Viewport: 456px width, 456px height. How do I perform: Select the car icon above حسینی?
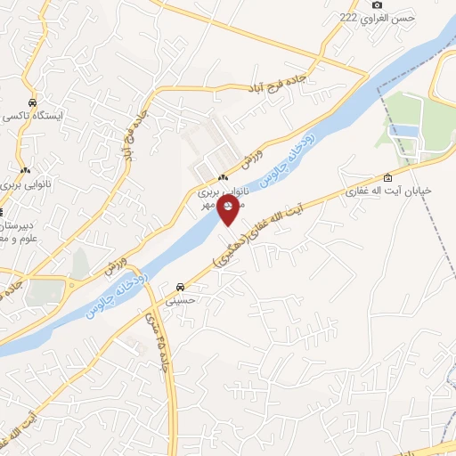[182, 287]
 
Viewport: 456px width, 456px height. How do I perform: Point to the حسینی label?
[182, 301]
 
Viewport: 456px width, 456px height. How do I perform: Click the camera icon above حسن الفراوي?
[378, 5]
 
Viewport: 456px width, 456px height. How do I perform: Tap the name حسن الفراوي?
[393, 18]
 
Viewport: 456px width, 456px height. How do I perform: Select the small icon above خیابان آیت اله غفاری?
[387, 176]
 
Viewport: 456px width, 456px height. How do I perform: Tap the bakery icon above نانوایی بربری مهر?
[223, 178]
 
